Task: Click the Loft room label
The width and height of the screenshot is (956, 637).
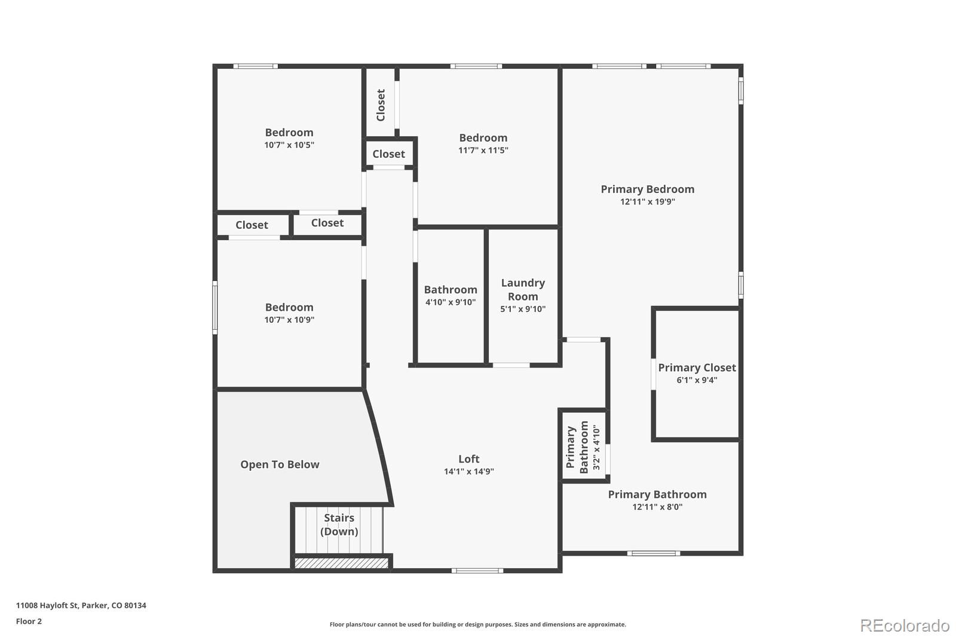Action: pos(468,459)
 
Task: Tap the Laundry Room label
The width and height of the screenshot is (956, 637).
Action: pos(523,289)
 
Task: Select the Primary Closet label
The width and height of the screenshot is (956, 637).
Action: pos(697,367)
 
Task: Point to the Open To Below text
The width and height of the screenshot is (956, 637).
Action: pos(280,464)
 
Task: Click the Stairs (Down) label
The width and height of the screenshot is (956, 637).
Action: pos(339,525)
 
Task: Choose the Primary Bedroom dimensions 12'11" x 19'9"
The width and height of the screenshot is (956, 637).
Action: pos(648,202)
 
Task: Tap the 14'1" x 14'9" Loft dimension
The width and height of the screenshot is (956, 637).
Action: pos(468,471)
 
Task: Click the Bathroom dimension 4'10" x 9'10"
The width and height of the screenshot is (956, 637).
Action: pos(451,302)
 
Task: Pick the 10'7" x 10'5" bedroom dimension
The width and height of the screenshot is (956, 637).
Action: pos(289,145)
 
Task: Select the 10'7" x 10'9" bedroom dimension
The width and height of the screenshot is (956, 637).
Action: pos(289,320)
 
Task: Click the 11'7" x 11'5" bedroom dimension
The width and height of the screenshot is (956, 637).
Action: pos(483,151)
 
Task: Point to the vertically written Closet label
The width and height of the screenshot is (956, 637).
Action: pos(381,105)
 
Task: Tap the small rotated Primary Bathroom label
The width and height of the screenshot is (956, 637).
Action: pos(577,447)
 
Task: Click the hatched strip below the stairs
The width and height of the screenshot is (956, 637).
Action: pos(341,563)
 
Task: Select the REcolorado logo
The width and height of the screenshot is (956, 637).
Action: pos(905,625)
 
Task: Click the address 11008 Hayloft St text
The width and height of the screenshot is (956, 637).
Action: pos(81,605)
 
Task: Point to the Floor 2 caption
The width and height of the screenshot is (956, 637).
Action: pos(29,621)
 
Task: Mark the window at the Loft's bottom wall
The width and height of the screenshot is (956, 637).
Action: pos(477,571)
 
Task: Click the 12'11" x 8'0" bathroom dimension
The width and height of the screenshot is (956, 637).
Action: pos(657,507)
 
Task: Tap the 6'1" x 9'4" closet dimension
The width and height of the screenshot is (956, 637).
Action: pos(697,380)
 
